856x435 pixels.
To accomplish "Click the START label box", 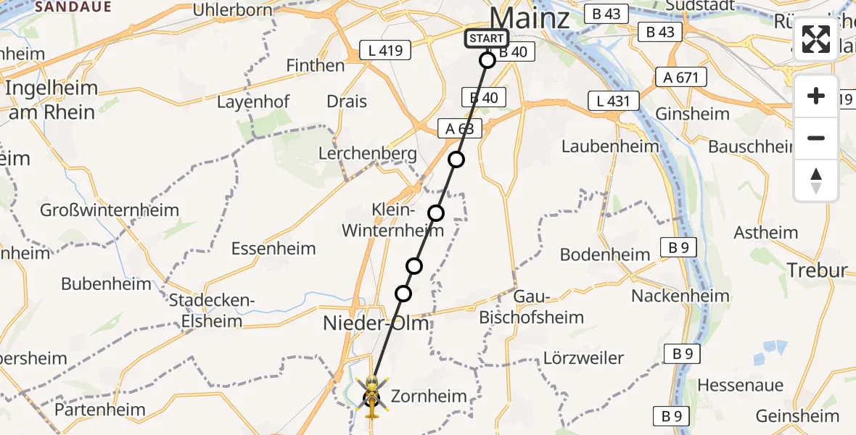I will [486, 39].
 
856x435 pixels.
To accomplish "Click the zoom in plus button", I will [816, 96].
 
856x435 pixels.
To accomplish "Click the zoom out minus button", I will [816, 138].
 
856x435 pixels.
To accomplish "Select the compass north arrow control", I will [816, 180].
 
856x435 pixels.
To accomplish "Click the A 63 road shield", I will [460, 129].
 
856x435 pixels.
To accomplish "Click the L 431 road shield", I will [614, 101].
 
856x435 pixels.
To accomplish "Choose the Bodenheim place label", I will [606, 254].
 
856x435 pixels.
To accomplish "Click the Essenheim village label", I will [273, 249].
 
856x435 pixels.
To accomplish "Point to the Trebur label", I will [817, 270].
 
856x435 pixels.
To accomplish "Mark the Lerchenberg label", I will [369, 154].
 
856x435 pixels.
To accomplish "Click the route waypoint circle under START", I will [487, 60].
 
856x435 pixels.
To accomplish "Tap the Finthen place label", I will [314, 65].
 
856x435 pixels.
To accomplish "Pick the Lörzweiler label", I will [583, 358].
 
